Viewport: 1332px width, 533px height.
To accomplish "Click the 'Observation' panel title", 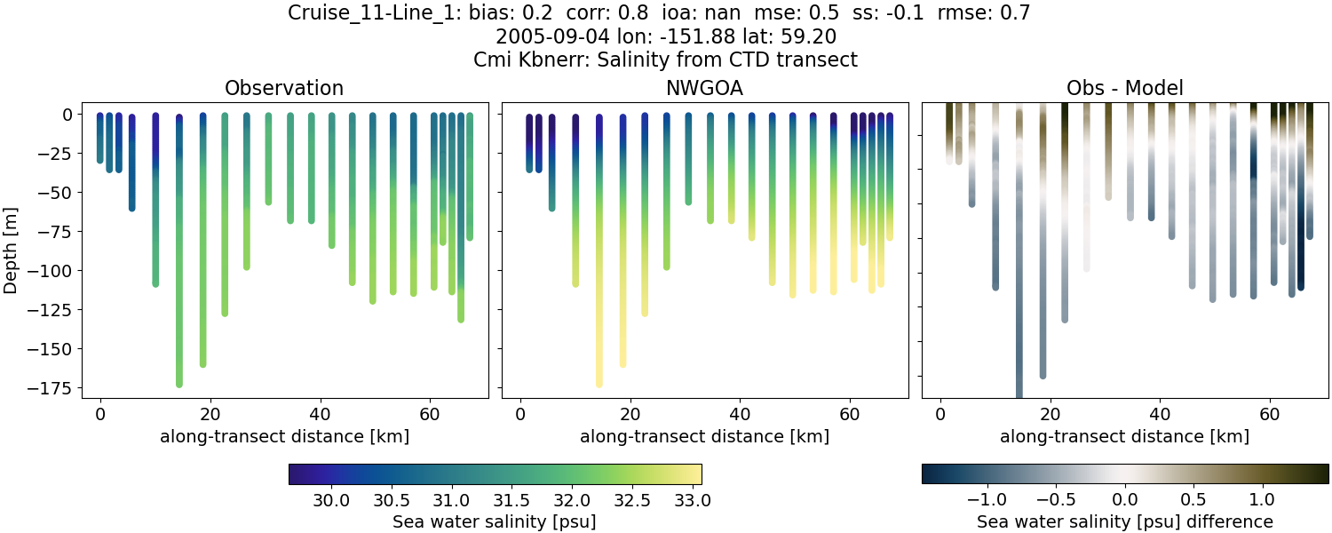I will [x=283, y=89].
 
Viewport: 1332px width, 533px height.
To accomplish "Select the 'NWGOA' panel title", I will [x=705, y=89].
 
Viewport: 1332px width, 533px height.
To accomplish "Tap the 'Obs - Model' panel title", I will [x=1124, y=89].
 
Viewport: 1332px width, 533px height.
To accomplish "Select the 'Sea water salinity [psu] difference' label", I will [x=1124, y=522].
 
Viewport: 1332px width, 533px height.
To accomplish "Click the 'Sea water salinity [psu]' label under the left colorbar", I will [x=494, y=522].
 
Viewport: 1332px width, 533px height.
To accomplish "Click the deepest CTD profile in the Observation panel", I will [x=179, y=266].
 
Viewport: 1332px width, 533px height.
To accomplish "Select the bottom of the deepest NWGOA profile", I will [x=599, y=384].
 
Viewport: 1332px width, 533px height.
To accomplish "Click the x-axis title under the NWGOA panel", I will [x=705, y=437].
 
